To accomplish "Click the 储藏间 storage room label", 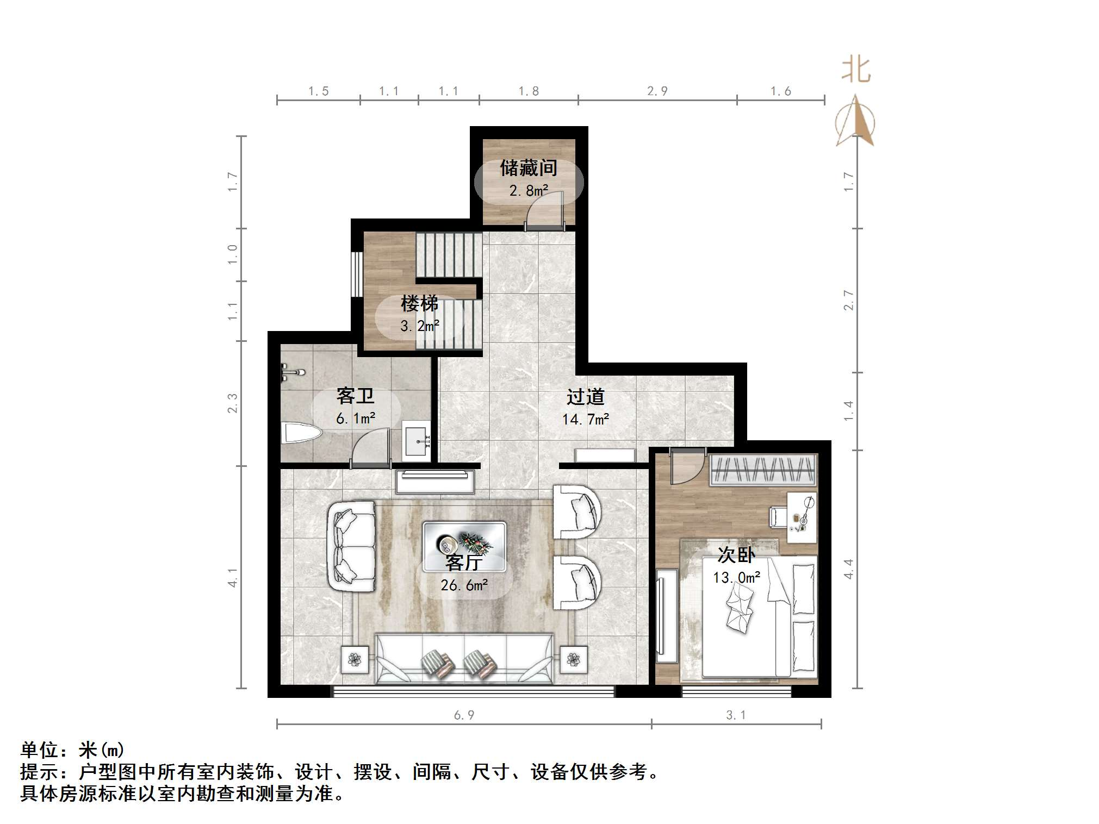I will click(x=529, y=168).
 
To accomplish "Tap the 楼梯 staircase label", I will click(x=419, y=303).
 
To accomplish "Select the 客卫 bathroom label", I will click(x=355, y=396).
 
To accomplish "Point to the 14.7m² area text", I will click(x=585, y=420).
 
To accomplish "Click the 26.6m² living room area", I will click(x=464, y=585).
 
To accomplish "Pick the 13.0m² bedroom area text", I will click(x=736, y=577).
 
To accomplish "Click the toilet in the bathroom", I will click(x=302, y=434).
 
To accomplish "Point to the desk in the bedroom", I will click(x=802, y=517).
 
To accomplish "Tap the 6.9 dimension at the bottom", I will click(x=464, y=715).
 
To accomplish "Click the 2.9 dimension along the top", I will click(x=657, y=91).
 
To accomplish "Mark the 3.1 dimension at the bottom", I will click(x=736, y=715).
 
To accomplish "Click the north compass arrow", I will click(x=856, y=122).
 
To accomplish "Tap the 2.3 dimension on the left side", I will click(x=233, y=403).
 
